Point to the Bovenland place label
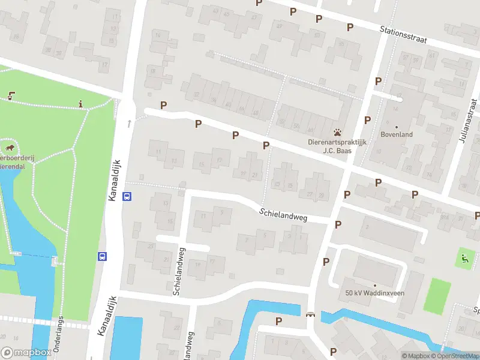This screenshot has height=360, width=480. tap(396, 134)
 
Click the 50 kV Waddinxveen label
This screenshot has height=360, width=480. tap(374, 293)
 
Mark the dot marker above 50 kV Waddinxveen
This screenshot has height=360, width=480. tap(374, 285)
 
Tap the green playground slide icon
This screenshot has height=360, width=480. tap(463, 259)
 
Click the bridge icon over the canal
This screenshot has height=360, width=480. tap(310, 314)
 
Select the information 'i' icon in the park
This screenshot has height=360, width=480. tap(81, 104)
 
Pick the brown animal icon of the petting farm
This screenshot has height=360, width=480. tap(10, 147)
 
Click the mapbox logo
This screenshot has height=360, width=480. tap(25, 353)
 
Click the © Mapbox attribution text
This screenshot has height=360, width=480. tap(416, 356)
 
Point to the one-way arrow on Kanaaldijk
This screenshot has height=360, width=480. tap(129, 124)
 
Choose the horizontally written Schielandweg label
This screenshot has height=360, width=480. tap(283, 215)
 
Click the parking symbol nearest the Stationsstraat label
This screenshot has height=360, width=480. tap(350, 27)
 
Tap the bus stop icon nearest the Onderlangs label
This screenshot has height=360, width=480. tap(103, 256)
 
